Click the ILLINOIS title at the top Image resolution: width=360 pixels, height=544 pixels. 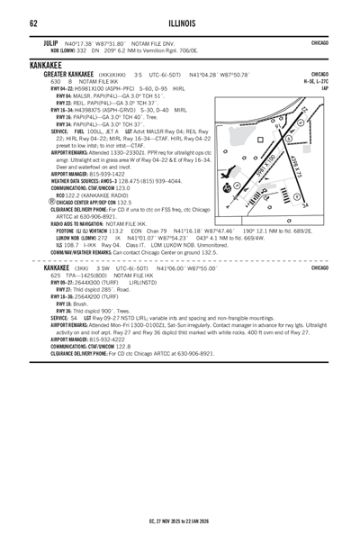point(180,23)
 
